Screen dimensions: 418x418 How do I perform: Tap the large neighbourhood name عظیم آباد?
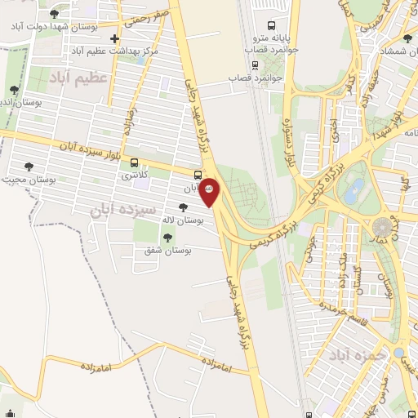click(78, 78)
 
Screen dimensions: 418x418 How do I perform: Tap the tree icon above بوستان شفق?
click(167, 238)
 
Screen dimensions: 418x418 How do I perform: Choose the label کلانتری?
click(136, 175)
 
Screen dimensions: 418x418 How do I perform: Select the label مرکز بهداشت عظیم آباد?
click(113, 51)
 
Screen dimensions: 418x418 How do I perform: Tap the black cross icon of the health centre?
click(114, 38)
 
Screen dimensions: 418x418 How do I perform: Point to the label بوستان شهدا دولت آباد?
click(56, 26)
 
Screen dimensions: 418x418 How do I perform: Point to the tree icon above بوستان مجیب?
click(29, 167)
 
